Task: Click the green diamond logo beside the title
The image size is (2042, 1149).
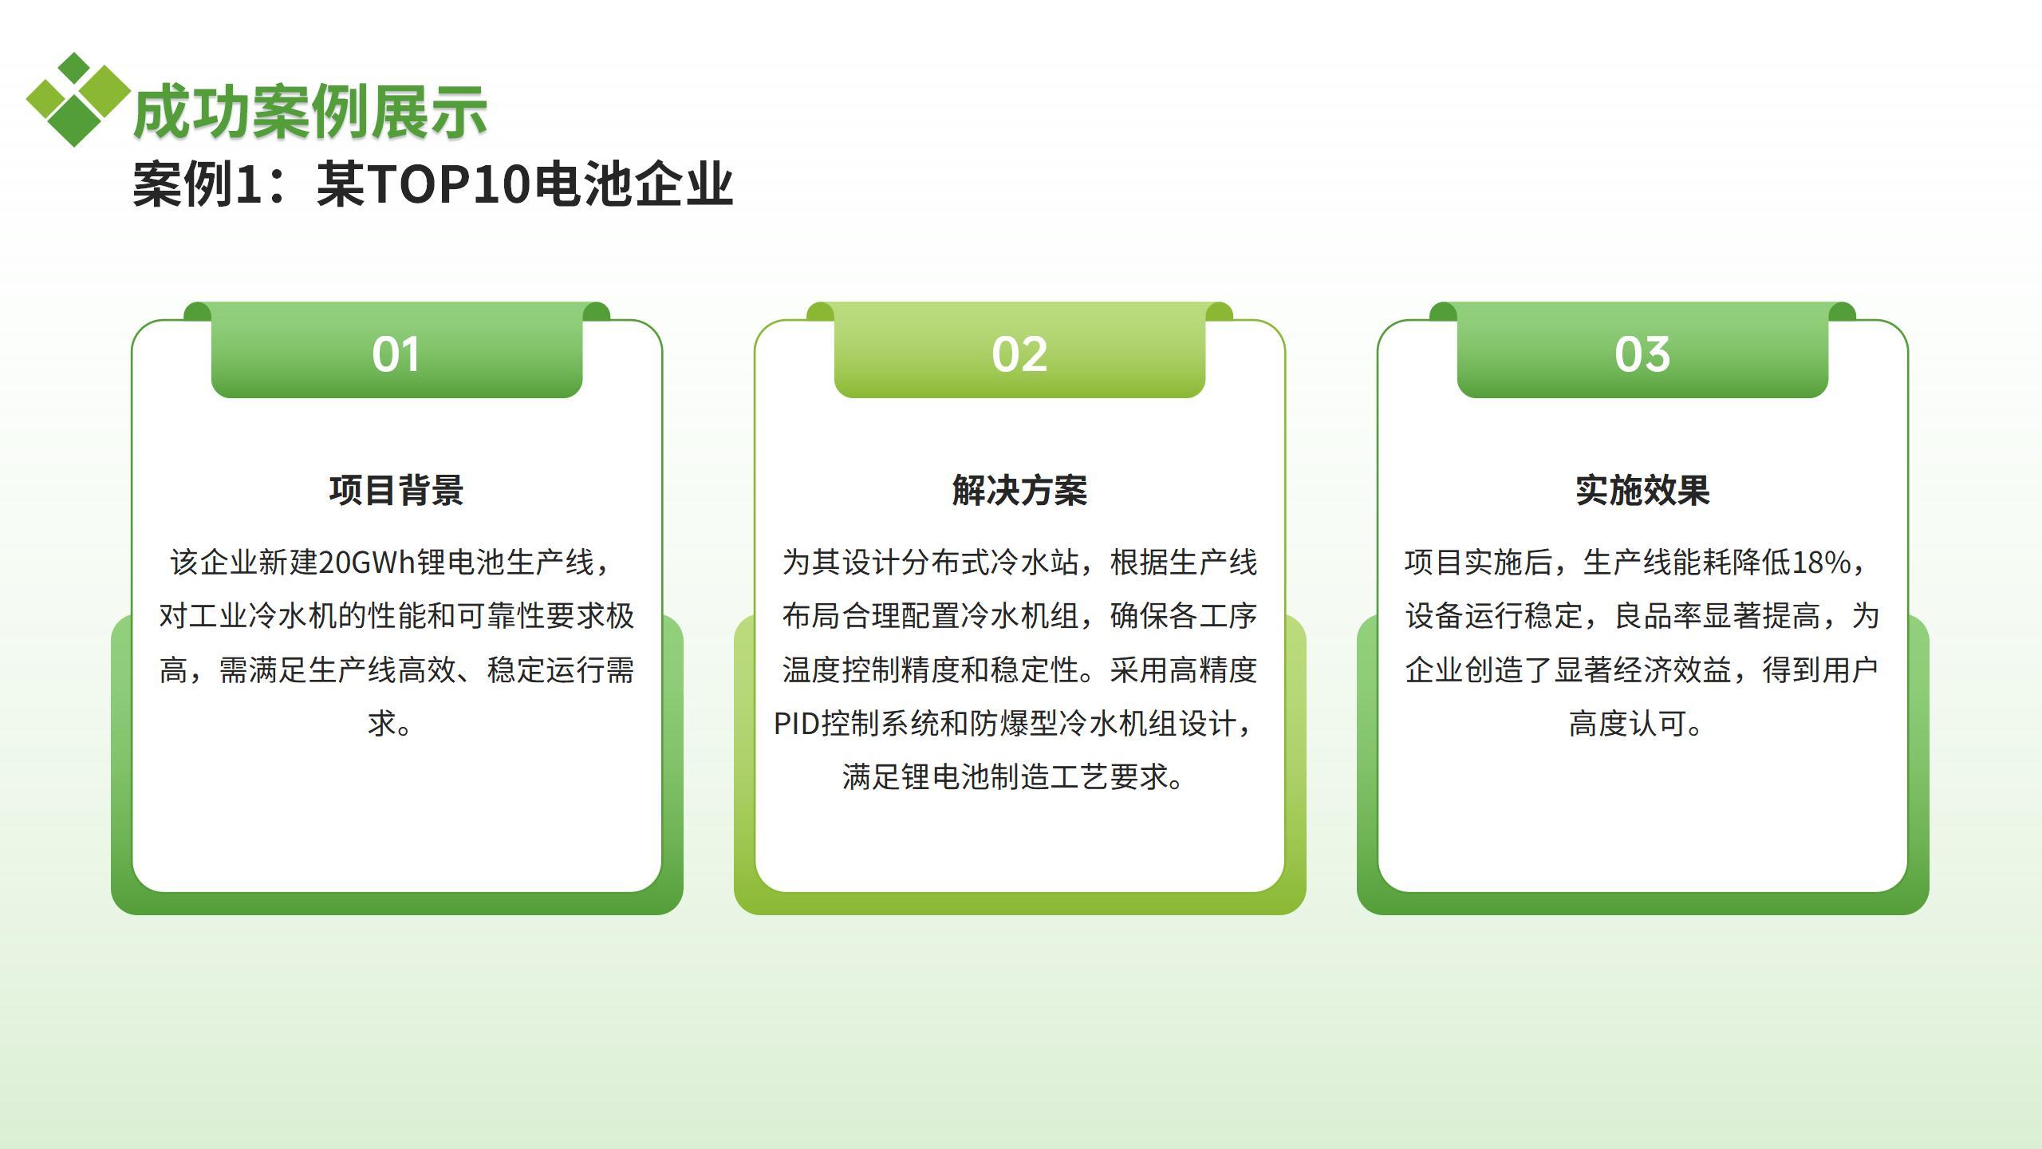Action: (x=78, y=100)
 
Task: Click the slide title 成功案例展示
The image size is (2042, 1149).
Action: (x=310, y=112)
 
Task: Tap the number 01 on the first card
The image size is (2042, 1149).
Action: (x=396, y=354)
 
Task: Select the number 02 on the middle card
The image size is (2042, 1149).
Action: (x=1019, y=354)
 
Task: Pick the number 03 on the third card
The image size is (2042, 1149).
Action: (x=1642, y=354)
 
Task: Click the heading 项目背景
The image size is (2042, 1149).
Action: (x=396, y=490)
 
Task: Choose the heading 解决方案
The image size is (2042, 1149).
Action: (x=1019, y=490)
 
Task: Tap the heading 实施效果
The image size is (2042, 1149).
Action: (x=1642, y=490)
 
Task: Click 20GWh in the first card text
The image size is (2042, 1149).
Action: (x=367, y=563)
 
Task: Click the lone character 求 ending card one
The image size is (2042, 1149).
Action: (x=383, y=724)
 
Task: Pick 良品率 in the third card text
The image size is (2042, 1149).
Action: (x=1658, y=616)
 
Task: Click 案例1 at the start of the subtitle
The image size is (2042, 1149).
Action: (x=198, y=184)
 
